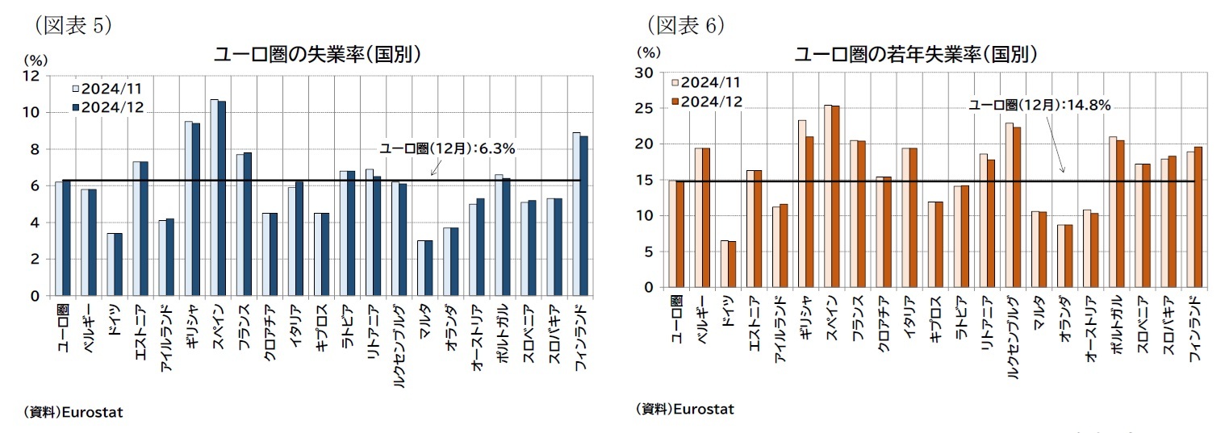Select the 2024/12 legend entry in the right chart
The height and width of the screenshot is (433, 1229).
(x=711, y=102)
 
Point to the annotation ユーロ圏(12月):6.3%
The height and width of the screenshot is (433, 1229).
(x=447, y=148)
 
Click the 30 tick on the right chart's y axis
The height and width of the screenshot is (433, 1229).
(x=644, y=73)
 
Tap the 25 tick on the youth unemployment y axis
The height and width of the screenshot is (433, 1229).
(x=644, y=108)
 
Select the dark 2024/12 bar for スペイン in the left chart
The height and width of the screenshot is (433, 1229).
(x=222, y=198)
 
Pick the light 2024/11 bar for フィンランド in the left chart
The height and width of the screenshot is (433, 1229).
(x=576, y=214)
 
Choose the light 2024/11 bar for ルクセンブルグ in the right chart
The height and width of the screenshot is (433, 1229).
(x=1010, y=205)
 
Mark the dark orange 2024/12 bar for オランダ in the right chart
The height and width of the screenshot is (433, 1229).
(x=1069, y=256)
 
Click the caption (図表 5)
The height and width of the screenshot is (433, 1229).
(x=72, y=25)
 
